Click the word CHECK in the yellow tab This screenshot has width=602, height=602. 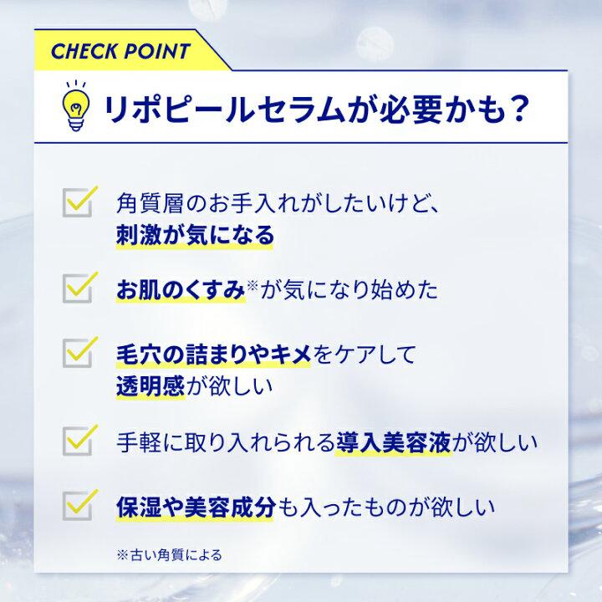[84, 52]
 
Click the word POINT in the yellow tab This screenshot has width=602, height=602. [158, 52]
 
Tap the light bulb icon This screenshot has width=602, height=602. [76, 106]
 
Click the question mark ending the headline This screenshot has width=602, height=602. [518, 110]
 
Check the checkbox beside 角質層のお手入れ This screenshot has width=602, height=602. [78, 202]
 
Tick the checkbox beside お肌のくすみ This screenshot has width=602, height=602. [78, 288]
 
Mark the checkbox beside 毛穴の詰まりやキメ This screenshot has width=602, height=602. [78, 353]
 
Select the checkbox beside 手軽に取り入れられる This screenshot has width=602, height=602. [78, 441]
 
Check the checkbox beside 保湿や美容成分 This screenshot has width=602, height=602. [78, 505]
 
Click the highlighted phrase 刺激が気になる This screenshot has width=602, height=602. [195, 235]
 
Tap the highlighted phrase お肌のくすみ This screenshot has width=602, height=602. [181, 289]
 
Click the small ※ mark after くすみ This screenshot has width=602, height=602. [252, 284]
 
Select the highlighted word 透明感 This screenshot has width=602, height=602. [150, 385]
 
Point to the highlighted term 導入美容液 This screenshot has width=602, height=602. [394, 442]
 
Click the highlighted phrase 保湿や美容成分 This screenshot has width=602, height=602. [196, 508]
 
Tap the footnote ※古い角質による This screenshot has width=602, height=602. [169, 555]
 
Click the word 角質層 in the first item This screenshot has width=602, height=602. [150, 202]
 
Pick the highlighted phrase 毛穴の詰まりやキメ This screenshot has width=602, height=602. [213, 355]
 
